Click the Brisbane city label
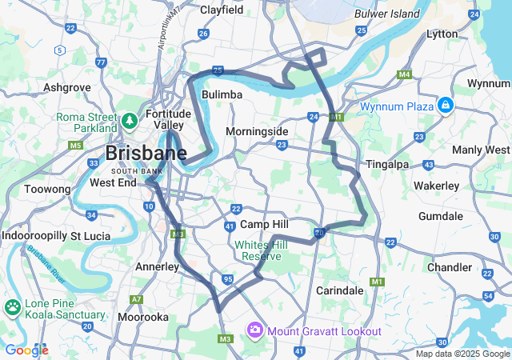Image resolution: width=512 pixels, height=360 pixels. [147, 153]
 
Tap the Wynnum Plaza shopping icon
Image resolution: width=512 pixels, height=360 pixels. [445, 106]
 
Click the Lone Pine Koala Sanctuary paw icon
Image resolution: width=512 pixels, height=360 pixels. [13, 307]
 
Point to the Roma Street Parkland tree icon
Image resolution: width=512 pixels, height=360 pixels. [130, 122]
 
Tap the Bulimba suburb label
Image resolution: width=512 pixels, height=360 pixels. [222, 95]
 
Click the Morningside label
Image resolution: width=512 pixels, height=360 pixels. [256, 130]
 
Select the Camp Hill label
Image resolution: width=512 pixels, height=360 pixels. [264, 224]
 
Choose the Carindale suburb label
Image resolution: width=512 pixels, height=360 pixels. [340, 289]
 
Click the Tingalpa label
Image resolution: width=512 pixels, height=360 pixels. [387, 164]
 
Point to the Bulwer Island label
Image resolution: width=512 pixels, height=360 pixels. [387, 14]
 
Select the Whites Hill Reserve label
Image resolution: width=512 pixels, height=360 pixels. [258, 250]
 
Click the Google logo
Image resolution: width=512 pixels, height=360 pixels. [26, 350]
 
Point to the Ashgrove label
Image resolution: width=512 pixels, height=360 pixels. [67, 87]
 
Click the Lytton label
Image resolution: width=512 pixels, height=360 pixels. [442, 34]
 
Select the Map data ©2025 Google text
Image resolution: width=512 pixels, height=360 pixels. [462, 354]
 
